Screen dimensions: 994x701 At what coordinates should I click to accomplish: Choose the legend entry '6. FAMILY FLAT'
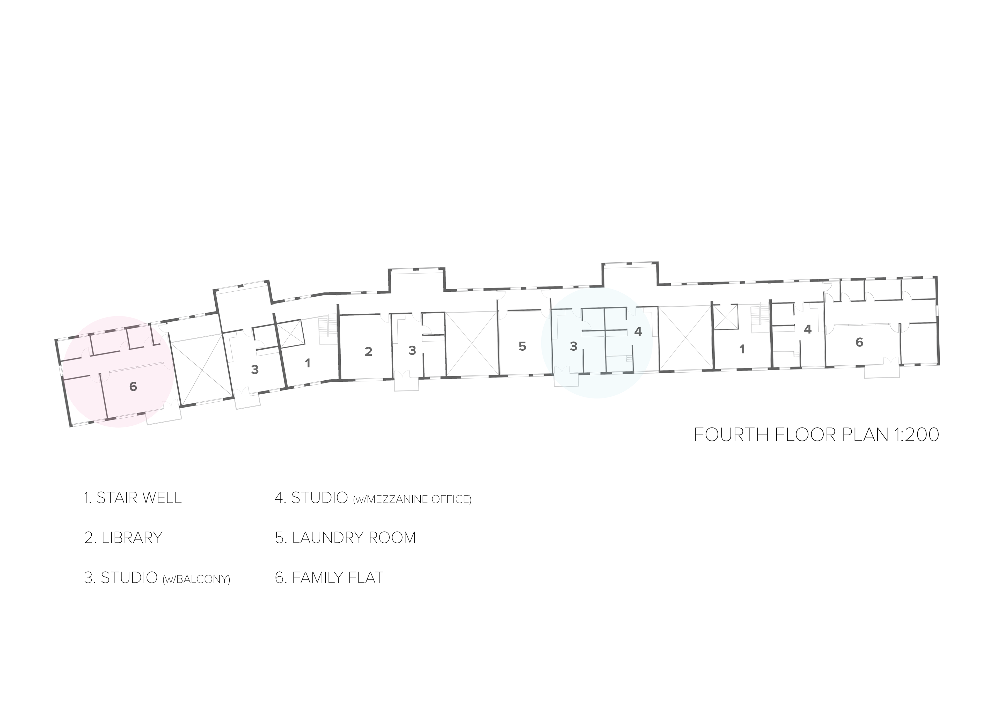329,578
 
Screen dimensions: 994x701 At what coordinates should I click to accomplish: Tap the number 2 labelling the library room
368,351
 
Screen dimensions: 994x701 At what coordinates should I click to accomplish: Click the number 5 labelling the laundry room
523,346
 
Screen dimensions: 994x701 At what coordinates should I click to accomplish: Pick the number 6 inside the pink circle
133,386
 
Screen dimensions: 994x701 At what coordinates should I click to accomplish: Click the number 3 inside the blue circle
574,346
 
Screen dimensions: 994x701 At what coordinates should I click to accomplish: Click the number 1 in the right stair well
742,349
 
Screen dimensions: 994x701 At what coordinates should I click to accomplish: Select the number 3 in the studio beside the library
412,350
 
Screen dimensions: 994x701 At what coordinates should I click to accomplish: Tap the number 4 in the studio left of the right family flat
807,329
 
